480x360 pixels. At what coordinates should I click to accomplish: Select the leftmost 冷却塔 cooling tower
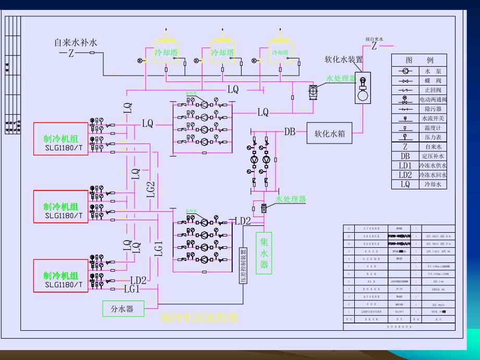pyautogui.click(x=165, y=53)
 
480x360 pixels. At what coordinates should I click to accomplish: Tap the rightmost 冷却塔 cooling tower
pyautogui.click(x=280, y=53)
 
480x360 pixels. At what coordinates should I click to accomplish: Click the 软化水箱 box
pyautogui.click(x=329, y=133)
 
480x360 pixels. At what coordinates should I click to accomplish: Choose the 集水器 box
pyautogui.click(x=264, y=253)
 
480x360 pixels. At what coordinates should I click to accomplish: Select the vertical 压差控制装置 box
pyautogui.click(x=243, y=266)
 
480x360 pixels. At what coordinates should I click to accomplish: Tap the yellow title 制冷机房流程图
pyautogui.click(x=200, y=317)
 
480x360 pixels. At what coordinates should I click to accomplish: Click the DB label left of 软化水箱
pyautogui.click(x=290, y=132)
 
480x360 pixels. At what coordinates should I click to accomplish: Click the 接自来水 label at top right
pyautogui.click(x=374, y=39)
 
